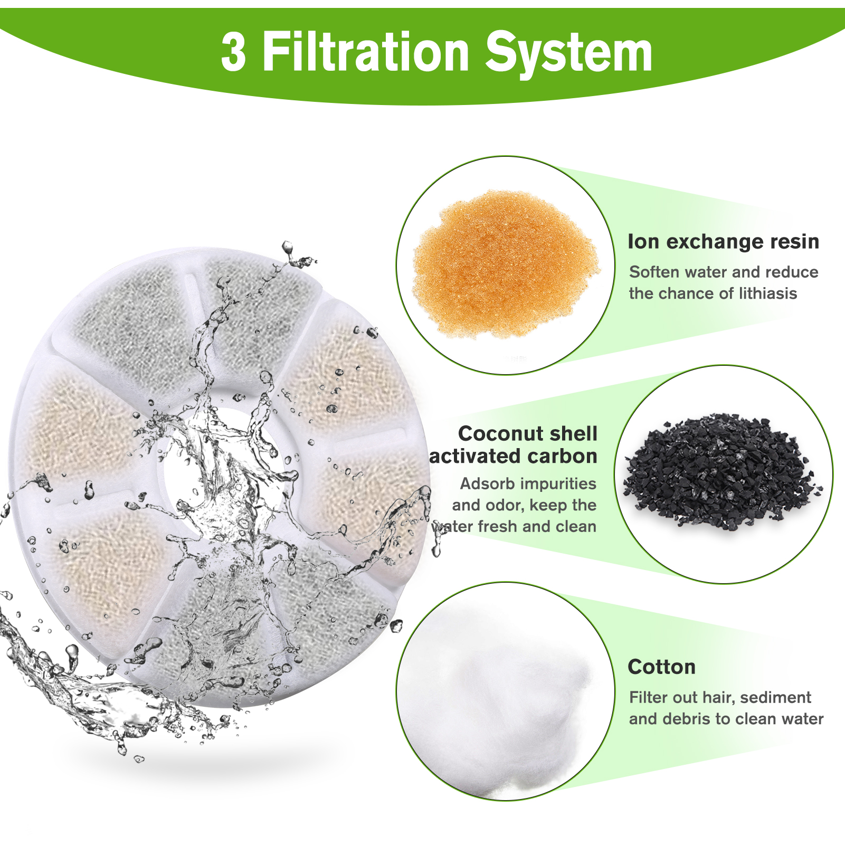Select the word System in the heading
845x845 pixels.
tap(568, 53)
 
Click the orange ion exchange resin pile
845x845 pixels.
tap(505, 264)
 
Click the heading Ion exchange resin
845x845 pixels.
tap(723, 241)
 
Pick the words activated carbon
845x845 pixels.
tap(513, 456)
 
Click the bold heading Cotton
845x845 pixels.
tap(661, 667)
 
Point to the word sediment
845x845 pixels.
tap(775, 697)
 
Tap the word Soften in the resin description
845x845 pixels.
tap(654, 272)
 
